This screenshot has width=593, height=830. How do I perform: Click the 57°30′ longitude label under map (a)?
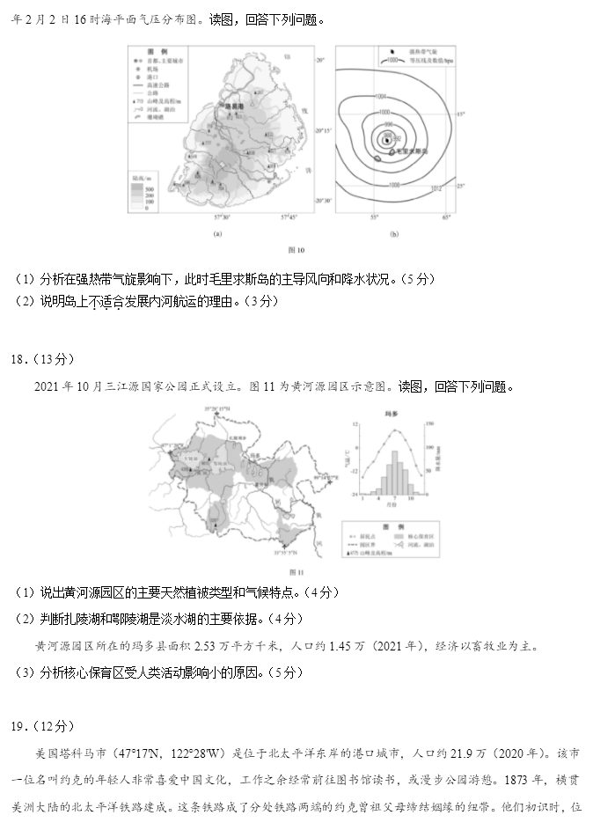pos(221,216)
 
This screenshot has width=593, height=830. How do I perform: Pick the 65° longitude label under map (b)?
pos(446,216)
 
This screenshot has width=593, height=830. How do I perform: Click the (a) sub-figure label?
pos(216,233)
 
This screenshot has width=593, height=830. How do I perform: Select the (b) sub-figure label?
pos(393,233)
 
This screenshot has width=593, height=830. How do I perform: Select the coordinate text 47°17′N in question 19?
pos(151,754)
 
